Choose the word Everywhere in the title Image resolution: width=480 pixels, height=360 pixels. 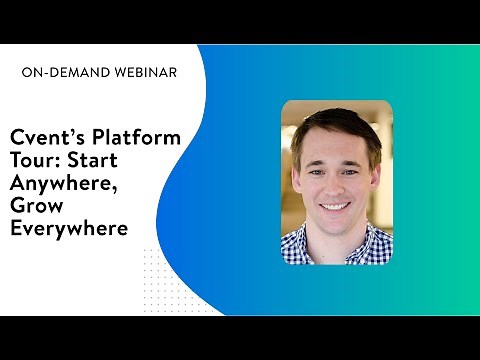pos(69,229)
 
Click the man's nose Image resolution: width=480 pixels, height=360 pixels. pos(336,183)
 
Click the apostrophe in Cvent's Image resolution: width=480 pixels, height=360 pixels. pos(68,132)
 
